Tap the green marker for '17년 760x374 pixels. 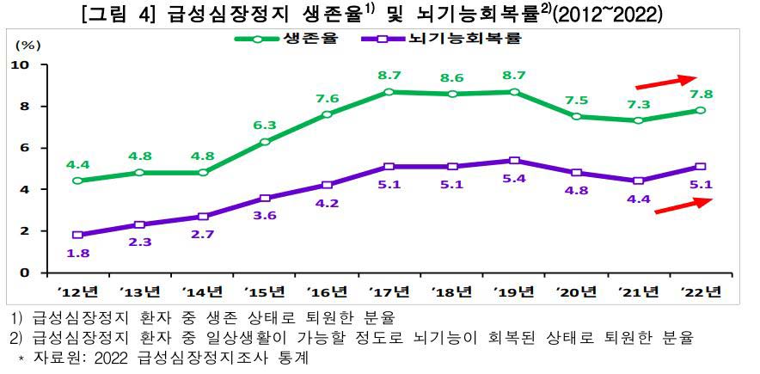point(389,92)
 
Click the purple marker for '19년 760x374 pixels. point(514,161)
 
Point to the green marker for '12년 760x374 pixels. point(78,181)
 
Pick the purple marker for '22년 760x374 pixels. point(701,167)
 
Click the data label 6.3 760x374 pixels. point(264,126)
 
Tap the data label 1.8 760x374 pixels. point(77,252)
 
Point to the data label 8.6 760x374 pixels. point(452,77)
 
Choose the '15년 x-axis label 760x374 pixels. point(265,291)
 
